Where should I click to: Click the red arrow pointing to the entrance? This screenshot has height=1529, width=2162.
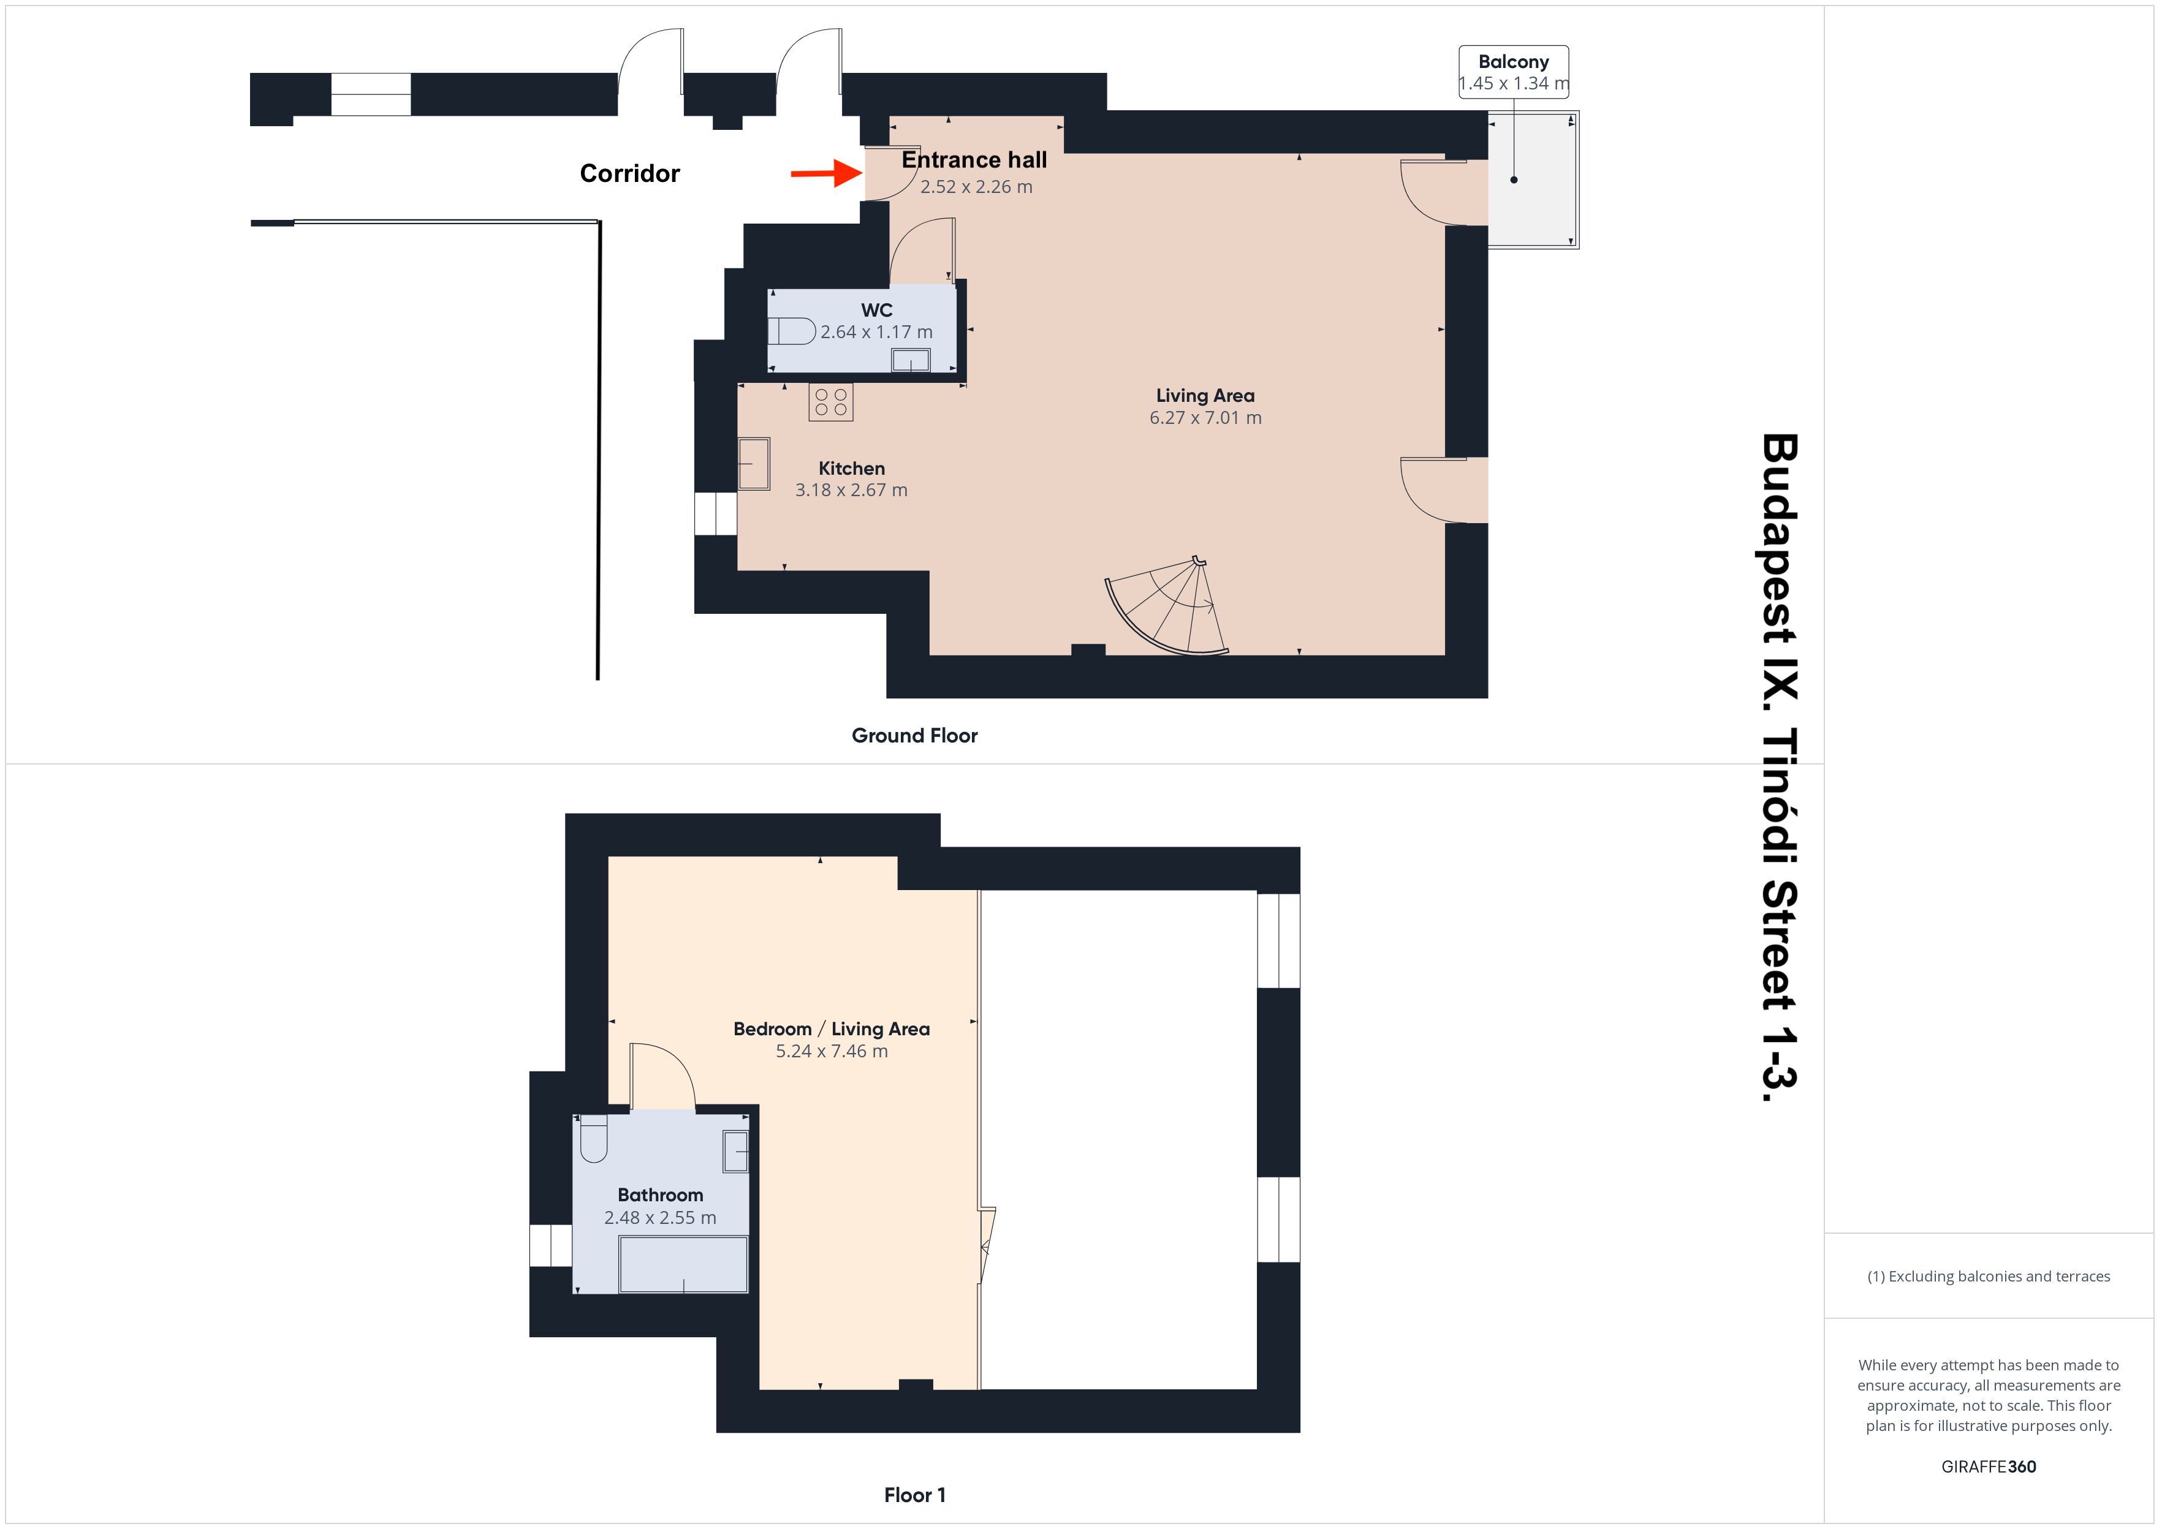tap(826, 173)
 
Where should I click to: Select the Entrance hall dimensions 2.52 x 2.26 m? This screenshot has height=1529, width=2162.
tap(976, 186)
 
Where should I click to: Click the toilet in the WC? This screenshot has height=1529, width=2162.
tap(791, 331)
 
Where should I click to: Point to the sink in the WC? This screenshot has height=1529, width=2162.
tap(911, 360)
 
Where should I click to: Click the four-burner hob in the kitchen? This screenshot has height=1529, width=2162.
tap(830, 402)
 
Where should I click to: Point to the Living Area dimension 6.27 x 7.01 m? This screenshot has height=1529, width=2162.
tap(1205, 417)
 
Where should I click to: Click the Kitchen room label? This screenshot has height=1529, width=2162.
tap(851, 468)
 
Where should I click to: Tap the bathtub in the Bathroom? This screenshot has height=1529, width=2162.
tap(683, 1264)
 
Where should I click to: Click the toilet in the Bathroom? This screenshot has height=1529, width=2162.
tap(593, 1138)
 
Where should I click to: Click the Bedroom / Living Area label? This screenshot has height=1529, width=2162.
tap(832, 1029)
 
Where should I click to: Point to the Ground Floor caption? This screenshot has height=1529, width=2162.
tap(914, 735)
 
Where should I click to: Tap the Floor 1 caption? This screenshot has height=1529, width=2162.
tap(914, 1495)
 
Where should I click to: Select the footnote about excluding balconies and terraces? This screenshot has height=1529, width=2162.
tap(1989, 1277)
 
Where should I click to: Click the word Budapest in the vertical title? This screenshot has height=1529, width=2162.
tap(1779, 514)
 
